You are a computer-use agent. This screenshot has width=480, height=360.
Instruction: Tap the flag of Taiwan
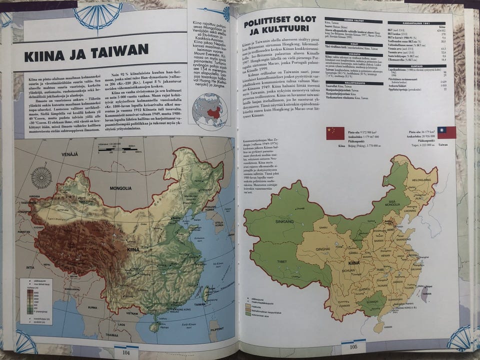point(446,132)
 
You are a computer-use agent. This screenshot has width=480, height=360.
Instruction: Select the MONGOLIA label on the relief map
point(121,188)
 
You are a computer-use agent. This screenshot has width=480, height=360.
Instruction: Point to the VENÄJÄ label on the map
point(69,155)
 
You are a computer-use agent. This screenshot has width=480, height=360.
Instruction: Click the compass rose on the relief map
point(41,177)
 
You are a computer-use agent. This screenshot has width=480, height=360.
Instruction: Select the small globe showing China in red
point(210,110)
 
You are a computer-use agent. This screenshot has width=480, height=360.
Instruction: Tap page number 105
point(353,346)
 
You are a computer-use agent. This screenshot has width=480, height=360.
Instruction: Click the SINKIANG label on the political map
point(284,220)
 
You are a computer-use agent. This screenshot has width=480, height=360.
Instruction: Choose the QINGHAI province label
point(323,248)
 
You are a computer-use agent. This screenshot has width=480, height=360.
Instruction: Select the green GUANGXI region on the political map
point(372,303)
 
